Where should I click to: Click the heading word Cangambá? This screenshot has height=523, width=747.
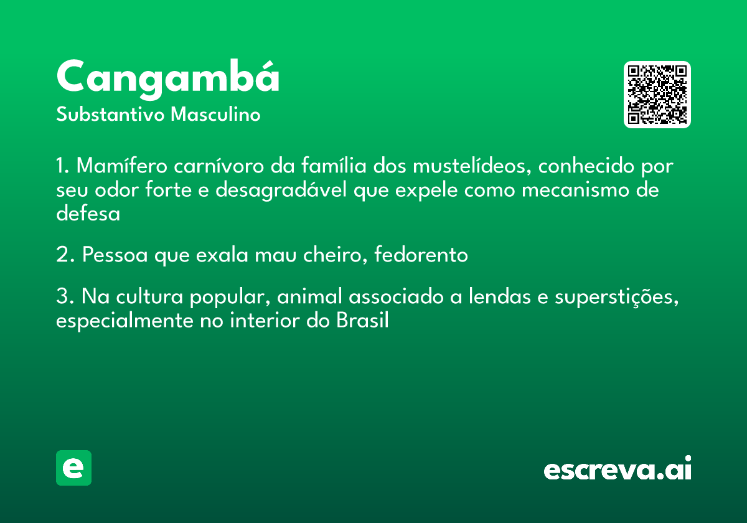click(167, 80)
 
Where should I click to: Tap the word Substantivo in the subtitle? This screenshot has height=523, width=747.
click(110, 114)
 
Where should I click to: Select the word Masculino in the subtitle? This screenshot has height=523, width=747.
click(215, 114)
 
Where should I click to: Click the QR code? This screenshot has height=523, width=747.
click(657, 95)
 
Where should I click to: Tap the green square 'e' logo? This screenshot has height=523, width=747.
click(73, 468)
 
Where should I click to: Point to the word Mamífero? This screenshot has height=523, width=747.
click(122, 166)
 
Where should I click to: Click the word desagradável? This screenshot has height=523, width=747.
click(281, 190)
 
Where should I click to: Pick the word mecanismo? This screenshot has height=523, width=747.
click(575, 190)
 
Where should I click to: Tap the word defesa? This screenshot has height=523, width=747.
click(88, 214)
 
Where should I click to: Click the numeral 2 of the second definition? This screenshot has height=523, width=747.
click(63, 255)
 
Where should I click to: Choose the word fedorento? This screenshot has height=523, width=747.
click(421, 255)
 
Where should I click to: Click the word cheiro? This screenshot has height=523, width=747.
click(335, 255)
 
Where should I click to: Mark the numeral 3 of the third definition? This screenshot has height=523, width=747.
click(62, 296)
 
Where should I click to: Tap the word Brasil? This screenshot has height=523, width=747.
click(362, 320)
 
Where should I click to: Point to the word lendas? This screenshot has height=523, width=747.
click(499, 296)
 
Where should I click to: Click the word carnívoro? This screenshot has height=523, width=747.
click(218, 166)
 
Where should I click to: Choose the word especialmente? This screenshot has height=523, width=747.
click(125, 321)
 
